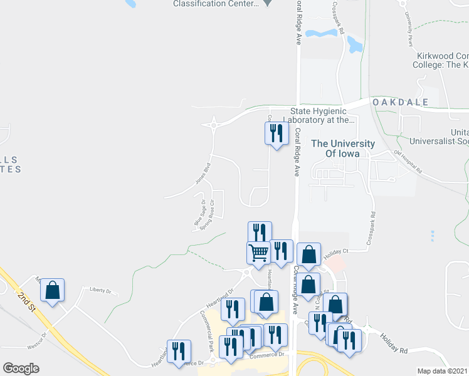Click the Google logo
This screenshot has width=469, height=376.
click(x=21, y=368)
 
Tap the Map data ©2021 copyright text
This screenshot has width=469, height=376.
click(x=443, y=371)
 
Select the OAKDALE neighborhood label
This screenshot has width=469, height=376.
click(x=400, y=102)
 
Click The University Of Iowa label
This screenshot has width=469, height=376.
click(x=343, y=149)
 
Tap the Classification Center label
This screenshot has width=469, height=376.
click(x=216, y=3)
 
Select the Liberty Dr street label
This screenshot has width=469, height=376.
click(x=100, y=291)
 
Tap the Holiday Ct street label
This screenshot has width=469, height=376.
click(x=335, y=251)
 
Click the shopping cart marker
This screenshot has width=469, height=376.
click(x=258, y=253)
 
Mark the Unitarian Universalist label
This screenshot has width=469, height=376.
click(x=438, y=136)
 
